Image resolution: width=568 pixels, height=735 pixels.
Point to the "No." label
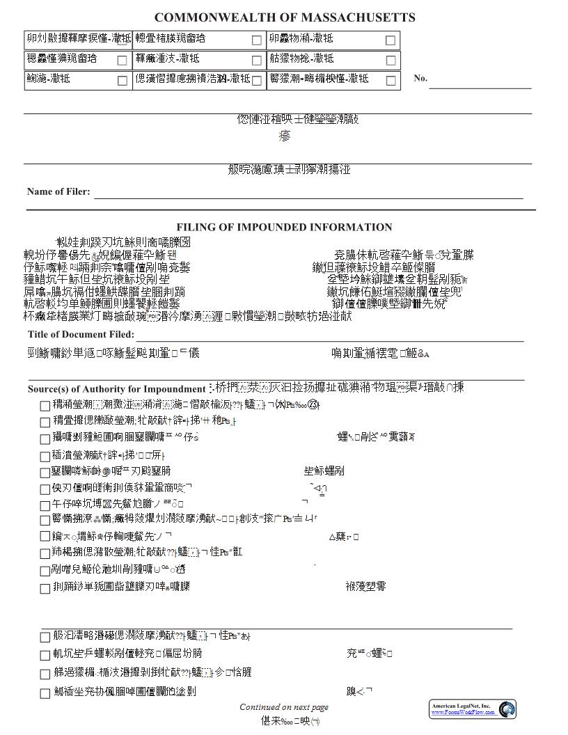coord(420,78)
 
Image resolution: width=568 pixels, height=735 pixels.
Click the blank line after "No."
coord(480,86)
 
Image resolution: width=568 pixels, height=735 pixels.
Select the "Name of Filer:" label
coord(58,191)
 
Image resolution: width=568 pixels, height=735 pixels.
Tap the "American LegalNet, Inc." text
coord(461,706)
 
